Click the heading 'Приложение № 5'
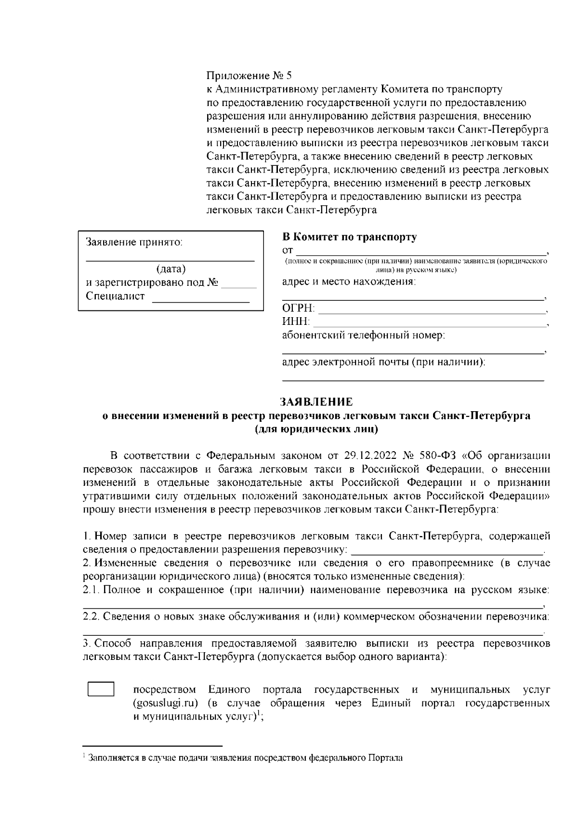[x=249, y=76]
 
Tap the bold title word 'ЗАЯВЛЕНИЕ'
[x=316, y=402]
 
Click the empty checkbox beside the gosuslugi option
[x=101, y=689]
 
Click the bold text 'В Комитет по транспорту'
[x=349, y=237]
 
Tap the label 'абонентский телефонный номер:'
[x=363, y=335]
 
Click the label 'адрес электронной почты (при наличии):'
[x=383, y=362]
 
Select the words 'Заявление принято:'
[x=134, y=242]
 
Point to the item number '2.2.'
[x=91, y=617]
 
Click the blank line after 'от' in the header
[x=420, y=252]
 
